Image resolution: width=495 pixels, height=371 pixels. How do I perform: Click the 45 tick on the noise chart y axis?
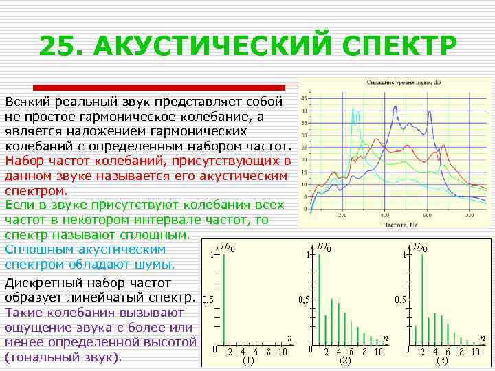click(x=305, y=99)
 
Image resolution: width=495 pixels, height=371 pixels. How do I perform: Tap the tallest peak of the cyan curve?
click(x=353, y=111)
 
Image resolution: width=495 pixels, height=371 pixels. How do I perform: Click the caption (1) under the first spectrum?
click(x=249, y=360)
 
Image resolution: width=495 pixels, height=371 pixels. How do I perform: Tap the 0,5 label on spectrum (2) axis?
click(x=303, y=300)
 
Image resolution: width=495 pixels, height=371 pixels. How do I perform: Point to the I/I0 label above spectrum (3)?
click(x=421, y=247)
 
